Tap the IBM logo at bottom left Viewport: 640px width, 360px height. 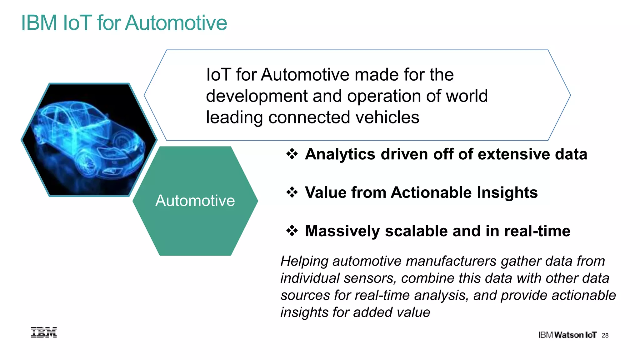click(x=44, y=332)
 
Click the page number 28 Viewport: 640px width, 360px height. click(x=605, y=335)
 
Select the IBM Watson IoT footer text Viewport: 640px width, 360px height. click(x=567, y=335)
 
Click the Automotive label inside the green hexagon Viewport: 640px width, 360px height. click(x=195, y=201)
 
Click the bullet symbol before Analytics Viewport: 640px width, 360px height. click(x=292, y=154)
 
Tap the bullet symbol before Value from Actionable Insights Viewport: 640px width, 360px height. click(x=292, y=192)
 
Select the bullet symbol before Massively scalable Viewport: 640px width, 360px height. click(x=292, y=231)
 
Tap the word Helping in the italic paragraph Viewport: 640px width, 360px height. click(x=304, y=261)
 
